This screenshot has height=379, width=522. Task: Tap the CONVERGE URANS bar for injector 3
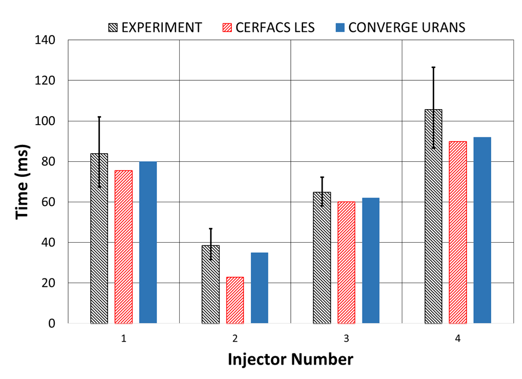point(371,260)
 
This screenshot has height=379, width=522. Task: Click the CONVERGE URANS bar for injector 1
point(148,242)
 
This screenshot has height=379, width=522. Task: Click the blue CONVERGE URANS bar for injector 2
point(259,288)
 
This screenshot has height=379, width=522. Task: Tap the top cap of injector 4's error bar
point(433,67)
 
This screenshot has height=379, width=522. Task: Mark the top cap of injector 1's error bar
point(99,117)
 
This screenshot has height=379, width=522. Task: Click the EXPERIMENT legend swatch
point(112,28)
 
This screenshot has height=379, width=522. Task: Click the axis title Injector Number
point(290,360)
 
